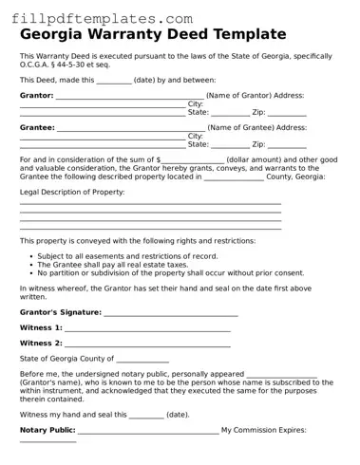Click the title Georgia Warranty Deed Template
point(152,35)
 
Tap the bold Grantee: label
point(37,127)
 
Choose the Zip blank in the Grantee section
point(287,145)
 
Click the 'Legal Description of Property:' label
point(72,193)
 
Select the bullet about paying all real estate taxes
point(116,265)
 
